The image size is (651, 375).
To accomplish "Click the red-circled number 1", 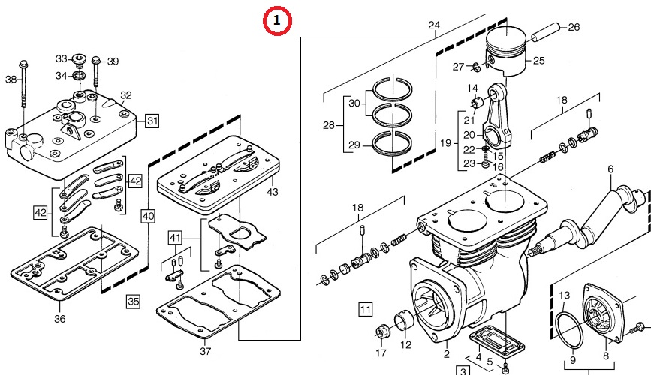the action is (x=277, y=20).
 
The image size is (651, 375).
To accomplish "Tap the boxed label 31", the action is (x=152, y=121).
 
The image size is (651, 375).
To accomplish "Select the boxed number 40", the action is (x=148, y=216).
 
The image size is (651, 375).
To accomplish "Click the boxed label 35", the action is (x=133, y=301).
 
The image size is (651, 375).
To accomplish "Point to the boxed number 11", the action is (x=366, y=309).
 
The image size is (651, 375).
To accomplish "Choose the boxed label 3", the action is (x=463, y=370).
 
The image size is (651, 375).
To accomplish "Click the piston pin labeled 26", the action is (x=546, y=32).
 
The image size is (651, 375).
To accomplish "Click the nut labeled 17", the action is (x=381, y=331).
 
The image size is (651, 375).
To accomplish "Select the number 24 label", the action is (x=434, y=25).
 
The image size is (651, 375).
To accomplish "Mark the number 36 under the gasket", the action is (x=60, y=319).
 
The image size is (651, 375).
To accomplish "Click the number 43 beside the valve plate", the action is (x=273, y=192).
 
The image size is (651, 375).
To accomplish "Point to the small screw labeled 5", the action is (x=505, y=367).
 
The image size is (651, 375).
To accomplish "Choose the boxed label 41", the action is (x=175, y=238).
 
